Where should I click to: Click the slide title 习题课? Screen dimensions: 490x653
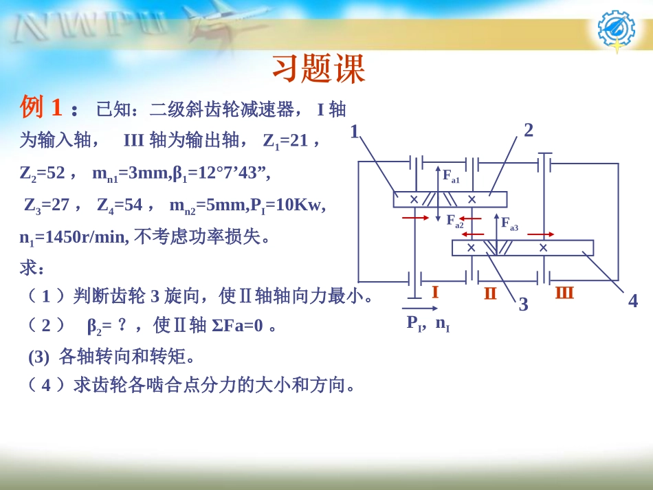click(318, 69)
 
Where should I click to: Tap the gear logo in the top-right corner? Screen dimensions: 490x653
click(616, 30)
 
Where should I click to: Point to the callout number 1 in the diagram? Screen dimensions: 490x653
click(355, 131)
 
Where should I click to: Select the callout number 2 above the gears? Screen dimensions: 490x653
click(529, 130)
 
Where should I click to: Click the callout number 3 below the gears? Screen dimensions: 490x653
click(523, 304)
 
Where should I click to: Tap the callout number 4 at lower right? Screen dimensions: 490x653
click(633, 300)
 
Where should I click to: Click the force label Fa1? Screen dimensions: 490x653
click(451, 176)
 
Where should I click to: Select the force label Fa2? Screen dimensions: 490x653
click(454, 221)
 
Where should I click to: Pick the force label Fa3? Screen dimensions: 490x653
click(509, 223)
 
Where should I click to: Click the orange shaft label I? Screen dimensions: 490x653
click(434, 292)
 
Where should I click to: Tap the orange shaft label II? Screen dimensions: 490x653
click(490, 293)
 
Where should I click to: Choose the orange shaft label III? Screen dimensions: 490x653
click(564, 292)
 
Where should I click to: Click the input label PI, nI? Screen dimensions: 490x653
click(428, 322)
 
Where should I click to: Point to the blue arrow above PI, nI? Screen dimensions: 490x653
click(420, 309)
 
